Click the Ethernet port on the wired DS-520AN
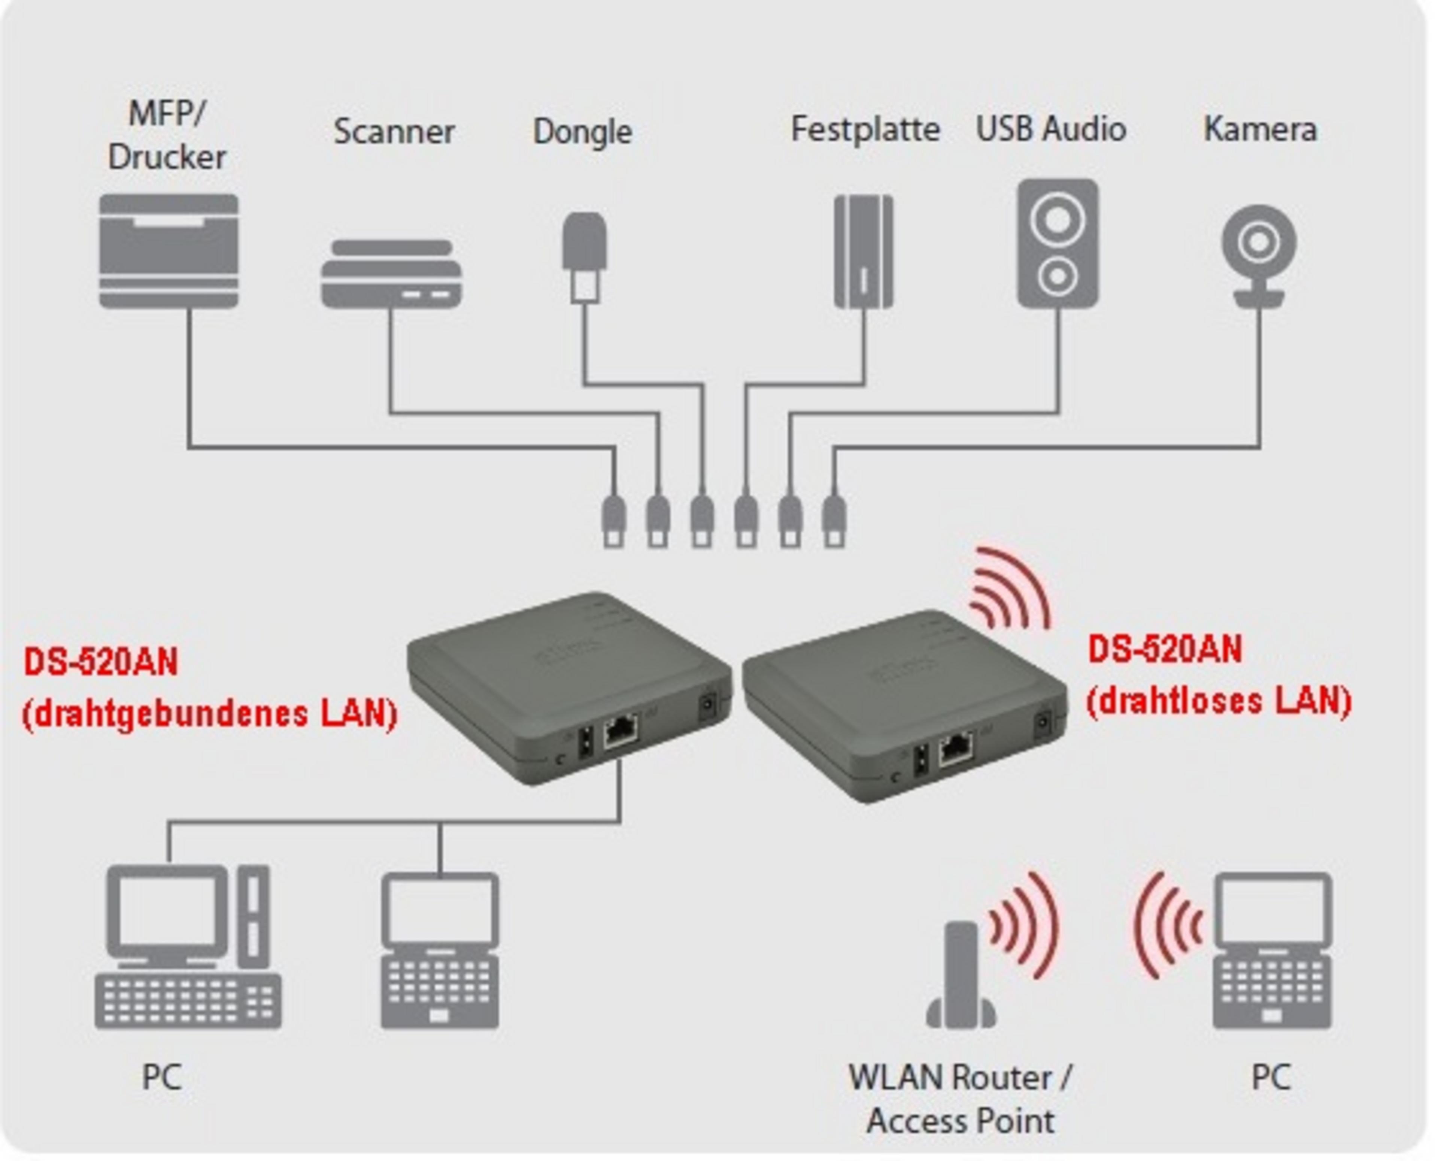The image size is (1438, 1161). [620, 732]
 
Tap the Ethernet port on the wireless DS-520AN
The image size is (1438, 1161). [956, 749]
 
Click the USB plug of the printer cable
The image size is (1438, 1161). [614, 522]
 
